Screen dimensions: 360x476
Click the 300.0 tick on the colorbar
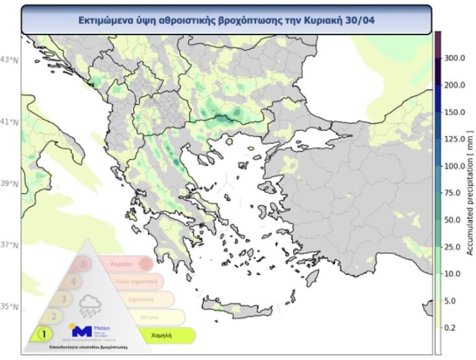pyautogui.click(x=454, y=58)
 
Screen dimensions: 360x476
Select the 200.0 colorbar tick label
pyautogui.click(x=454, y=85)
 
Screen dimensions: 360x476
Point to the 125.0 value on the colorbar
pyautogui.click(x=454, y=139)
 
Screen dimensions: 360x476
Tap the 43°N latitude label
pyautogui.click(x=10, y=60)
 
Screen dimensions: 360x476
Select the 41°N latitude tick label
pyautogui.click(x=10, y=121)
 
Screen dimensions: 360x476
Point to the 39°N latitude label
pyautogui.click(x=10, y=184)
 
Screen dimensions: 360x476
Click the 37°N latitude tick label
pyautogui.click(x=10, y=245)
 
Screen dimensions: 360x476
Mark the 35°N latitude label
pyautogui.click(x=10, y=307)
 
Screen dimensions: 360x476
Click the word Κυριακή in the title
pyautogui.click(x=320, y=20)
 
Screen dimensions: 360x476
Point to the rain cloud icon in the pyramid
pyautogui.click(x=89, y=304)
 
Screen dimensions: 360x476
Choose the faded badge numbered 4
pyautogui.click(x=73, y=282)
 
